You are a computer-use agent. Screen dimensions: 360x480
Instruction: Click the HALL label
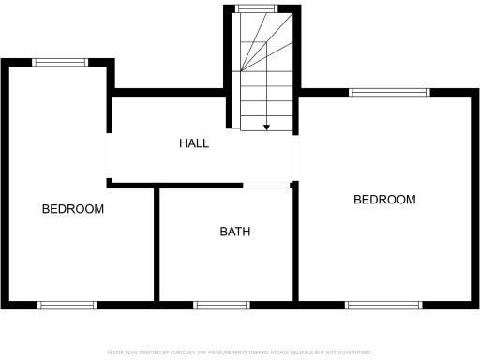point(194,143)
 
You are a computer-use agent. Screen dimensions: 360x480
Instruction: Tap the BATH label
point(235,232)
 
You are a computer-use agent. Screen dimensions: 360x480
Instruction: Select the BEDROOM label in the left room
point(73,209)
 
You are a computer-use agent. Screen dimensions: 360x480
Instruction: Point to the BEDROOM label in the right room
point(383,200)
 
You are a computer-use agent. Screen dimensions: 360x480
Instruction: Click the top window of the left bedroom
point(61,63)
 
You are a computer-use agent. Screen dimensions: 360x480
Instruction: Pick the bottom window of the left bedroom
point(67,305)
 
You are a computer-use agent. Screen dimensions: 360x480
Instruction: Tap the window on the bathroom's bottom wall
point(221,305)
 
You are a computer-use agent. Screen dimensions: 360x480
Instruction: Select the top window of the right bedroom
point(389,92)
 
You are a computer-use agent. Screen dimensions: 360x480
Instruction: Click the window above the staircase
point(249,8)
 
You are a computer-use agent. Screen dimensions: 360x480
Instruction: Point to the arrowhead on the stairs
point(267,127)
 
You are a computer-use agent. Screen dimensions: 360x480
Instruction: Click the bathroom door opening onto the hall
point(267,185)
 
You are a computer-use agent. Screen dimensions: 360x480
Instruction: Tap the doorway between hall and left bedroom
point(110,158)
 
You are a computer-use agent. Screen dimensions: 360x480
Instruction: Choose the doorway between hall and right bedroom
point(297,158)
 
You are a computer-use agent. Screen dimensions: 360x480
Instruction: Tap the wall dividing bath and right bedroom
point(295,244)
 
